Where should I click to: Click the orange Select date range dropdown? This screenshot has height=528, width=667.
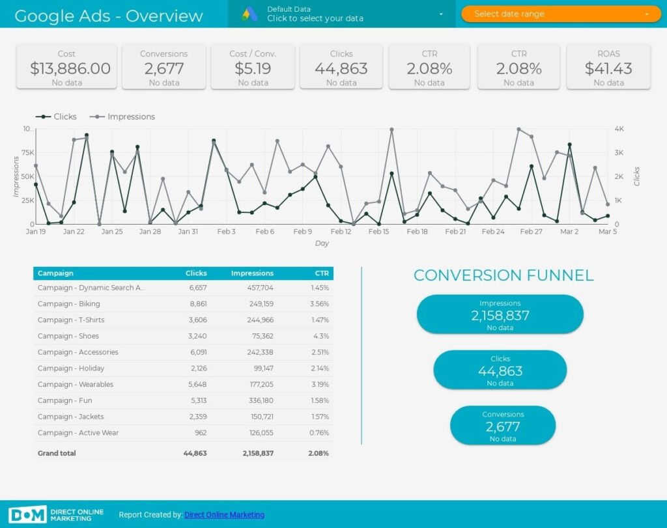560,14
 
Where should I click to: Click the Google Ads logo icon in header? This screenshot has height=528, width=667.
249,14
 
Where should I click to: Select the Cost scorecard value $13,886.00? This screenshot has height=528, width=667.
66,68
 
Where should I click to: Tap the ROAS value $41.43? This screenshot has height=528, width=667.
608,68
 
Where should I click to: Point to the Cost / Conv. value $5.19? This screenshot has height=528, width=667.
253,68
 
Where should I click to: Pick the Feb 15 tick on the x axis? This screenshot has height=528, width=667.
379,231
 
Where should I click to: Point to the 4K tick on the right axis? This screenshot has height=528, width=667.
619,129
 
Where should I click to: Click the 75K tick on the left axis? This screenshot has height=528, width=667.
27,152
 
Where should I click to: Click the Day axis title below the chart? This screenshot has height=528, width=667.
322,243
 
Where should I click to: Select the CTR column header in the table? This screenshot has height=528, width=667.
322,273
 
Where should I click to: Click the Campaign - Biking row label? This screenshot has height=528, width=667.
68,304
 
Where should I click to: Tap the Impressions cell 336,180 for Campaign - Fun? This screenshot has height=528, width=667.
258,400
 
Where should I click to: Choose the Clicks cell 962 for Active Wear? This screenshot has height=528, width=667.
201,433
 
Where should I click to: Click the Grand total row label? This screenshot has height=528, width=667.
57,453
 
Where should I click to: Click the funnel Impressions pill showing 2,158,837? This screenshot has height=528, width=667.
500,314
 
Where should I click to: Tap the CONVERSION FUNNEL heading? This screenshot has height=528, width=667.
504,275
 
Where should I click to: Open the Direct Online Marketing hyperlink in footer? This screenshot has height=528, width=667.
224,515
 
